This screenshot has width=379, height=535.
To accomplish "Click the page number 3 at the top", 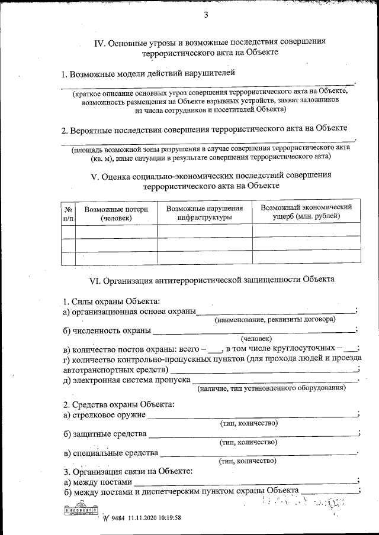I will coord(206,15).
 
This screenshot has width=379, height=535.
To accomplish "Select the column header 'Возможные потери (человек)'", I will coord(116,213).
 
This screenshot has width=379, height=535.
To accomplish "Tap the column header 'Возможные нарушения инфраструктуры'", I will coord(204,213).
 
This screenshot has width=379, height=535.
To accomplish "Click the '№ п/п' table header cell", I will coord(68,213).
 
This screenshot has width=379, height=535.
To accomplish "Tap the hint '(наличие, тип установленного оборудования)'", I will coord(271,388).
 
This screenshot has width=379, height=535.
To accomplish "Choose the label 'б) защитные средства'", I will coord(105,435).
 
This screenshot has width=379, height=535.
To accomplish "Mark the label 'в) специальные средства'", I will coord(111,453).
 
